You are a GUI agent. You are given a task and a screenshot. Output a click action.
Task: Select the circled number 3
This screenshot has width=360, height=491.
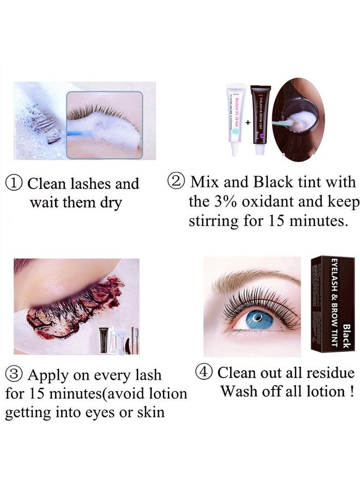[x=15, y=376]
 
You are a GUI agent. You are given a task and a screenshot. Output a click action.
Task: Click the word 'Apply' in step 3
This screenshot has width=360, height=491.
[x=47, y=376]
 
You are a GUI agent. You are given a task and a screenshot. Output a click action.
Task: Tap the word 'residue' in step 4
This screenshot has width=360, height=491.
[x=332, y=373]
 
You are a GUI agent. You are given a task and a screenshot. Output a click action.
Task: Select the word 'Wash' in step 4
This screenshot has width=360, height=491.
[x=238, y=391]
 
